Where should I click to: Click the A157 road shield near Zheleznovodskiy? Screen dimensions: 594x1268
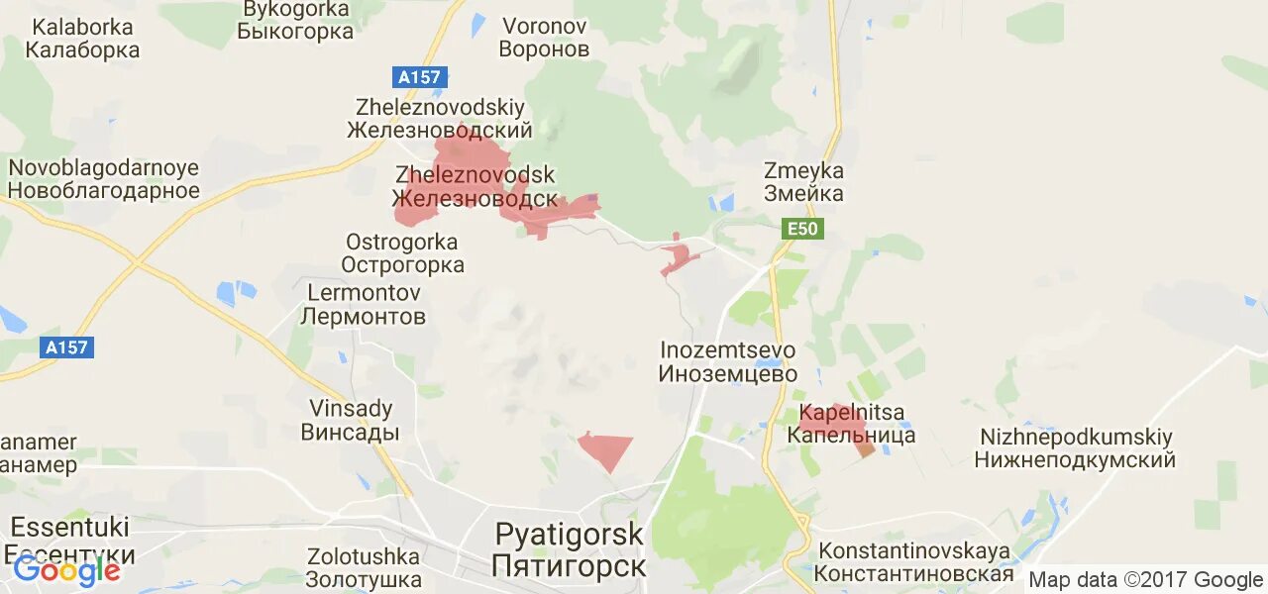click(x=420, y=77)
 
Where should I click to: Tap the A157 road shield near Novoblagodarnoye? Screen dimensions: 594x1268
click(x=67, y=347)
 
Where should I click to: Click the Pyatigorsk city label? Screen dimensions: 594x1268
click(x=569, y=550)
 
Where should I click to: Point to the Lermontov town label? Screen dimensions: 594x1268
click(x=364, y=305)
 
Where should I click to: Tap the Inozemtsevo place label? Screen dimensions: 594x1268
click(x=728, y=362)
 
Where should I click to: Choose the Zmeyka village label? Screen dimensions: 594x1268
click(x=803, y=181)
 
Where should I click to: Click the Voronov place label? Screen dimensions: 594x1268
click(x=544, y=37)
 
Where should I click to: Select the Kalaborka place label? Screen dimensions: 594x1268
click(x=82, y=38)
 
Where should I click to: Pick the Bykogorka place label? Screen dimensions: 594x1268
click(x=295, y=20)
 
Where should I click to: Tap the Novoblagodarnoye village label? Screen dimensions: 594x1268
click(x=104, y=179)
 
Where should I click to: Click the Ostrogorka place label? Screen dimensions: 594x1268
click(x=402, y=253)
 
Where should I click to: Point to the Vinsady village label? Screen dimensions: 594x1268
click(x=351, y=420)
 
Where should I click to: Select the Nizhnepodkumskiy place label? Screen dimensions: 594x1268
click(x=1075, y=447)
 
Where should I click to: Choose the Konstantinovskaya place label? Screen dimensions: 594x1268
click(x=913, y=562)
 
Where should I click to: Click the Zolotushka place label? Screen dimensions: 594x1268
click(x=363, y=567)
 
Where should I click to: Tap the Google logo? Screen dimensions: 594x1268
click(x=66, y=571)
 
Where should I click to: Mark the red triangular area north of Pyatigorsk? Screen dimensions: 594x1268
click(x=605, y=448)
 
